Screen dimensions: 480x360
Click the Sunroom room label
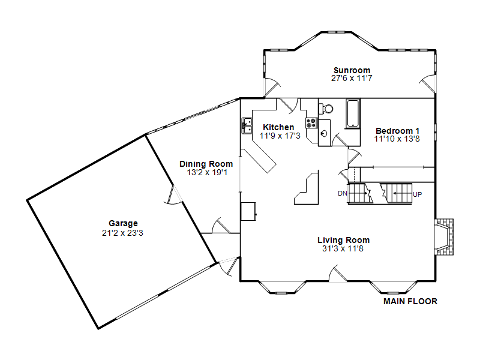pos(352,70)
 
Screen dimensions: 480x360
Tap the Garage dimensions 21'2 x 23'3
pos(122,233)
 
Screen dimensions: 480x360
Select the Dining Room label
pos(206,164)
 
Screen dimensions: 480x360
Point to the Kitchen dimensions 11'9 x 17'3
pos(280,136)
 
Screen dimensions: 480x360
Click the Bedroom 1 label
pos(397,131)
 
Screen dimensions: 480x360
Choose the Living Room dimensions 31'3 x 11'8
pos(343,248)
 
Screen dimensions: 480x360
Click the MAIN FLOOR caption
pos(410,302)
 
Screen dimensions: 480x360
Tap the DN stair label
pos(342,193)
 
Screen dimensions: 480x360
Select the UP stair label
pos(417,194)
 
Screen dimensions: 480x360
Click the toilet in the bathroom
pos(326,109)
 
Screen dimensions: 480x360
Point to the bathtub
pos(353,113)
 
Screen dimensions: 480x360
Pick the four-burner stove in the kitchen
pos(311,123)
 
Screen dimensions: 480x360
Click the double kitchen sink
pos(247,126)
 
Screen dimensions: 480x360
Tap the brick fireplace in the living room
pos(444,237)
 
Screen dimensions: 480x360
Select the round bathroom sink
pos(325,133)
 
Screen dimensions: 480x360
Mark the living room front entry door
pos(338,274)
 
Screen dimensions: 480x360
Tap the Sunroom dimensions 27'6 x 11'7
pos(352,79)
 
